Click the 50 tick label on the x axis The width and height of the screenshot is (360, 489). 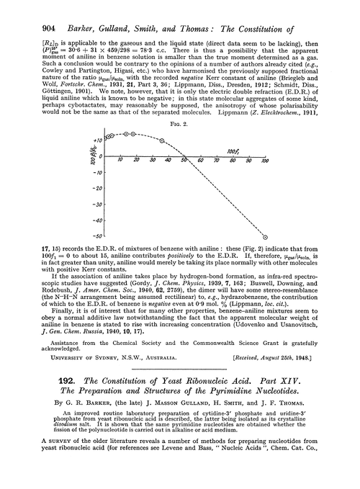click(x=184, y=158)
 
